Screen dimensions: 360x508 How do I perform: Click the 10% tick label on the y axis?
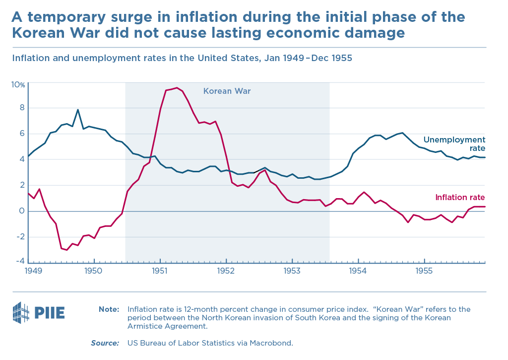coord(18,84)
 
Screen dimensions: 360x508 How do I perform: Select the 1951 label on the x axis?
coord(160,271)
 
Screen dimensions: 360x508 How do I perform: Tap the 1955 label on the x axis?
coord(424,271)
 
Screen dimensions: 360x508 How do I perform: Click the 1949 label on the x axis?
coord(32,271)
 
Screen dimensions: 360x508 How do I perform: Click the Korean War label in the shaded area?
coord(227,91)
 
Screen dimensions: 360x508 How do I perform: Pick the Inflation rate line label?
coord(460,198)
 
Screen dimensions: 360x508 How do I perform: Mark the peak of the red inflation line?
coord(177,88)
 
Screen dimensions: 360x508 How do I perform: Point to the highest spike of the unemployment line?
coord(77,110)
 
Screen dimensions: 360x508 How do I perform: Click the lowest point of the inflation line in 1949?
coord(66,250)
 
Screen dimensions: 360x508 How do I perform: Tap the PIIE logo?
coord(38,312)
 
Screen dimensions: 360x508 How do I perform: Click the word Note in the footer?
coord(109,309)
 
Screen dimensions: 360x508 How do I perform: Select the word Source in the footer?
coord(105,343)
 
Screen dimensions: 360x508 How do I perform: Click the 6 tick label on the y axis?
coord(22,133)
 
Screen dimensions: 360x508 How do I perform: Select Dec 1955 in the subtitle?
coord(330,58)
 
